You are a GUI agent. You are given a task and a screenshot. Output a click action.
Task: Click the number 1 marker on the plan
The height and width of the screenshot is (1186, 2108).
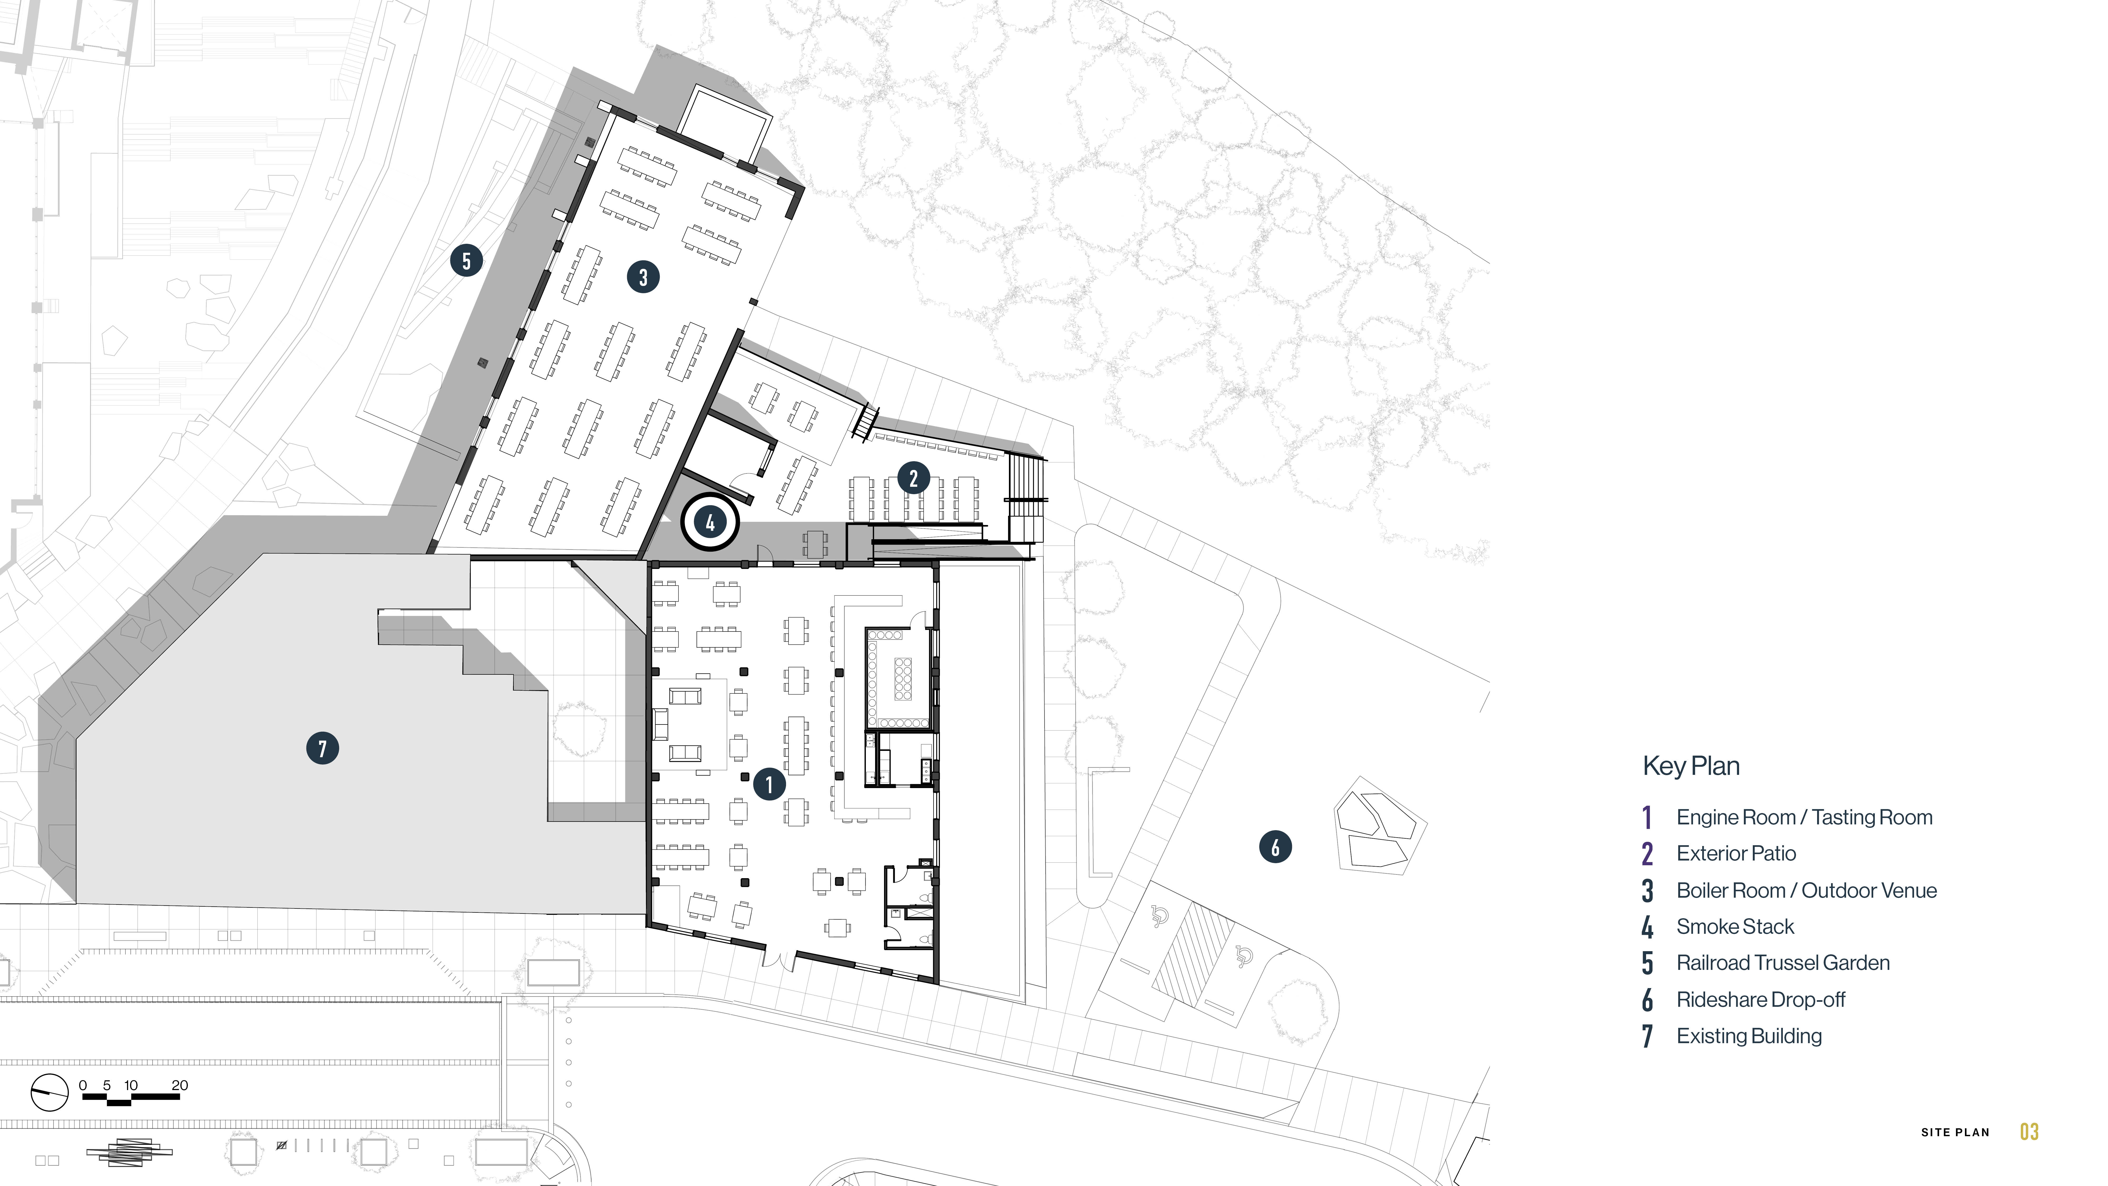click(768, 784)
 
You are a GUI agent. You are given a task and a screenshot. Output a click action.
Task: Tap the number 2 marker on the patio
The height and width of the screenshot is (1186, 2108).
click(913, 478)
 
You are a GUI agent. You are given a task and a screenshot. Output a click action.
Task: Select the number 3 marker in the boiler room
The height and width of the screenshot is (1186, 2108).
click(643, 277)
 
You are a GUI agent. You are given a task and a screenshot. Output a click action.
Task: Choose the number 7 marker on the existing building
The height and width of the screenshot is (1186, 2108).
click(323, 748)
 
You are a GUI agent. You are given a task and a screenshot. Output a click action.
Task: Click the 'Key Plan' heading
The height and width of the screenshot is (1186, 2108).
click(1691, 766)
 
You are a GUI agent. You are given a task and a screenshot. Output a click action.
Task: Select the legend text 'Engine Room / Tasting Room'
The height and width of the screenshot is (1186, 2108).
click(1804, 817)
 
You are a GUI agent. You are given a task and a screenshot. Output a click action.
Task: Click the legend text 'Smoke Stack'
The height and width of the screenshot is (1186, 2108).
click(1735, 927)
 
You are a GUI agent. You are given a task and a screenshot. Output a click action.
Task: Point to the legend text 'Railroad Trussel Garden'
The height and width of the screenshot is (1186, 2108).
click(1783, 963)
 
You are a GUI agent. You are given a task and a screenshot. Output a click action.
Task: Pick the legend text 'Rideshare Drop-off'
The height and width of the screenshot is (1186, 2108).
click(1761, 999)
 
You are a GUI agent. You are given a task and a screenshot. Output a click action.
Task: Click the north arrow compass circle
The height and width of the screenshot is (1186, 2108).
click(49, 1092)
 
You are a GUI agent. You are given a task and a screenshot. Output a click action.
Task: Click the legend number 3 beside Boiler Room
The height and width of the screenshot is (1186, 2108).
click(1647, 891)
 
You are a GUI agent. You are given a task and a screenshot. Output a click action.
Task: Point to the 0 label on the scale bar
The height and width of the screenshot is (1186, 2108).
click(83, 1085)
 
